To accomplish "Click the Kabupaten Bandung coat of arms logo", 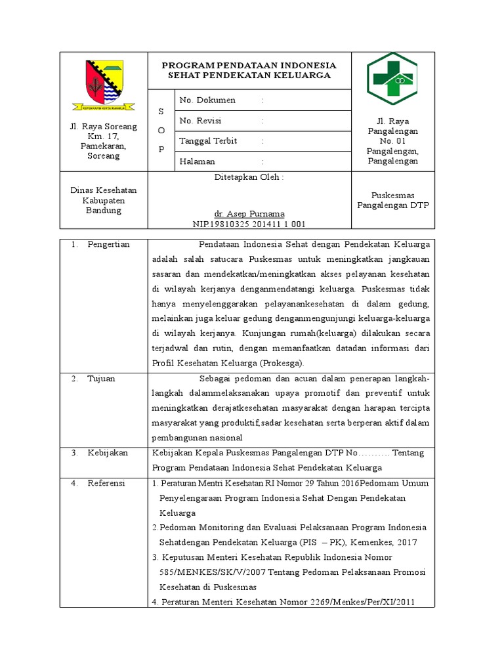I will (104, 83).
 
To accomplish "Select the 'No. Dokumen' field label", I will (207, 100).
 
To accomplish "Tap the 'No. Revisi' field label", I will (200, 121).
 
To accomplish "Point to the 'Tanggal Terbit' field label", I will (208, 141).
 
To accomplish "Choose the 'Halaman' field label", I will (197, 161).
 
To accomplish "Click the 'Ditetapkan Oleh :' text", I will (249, 177).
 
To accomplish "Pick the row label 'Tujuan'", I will (102, 379).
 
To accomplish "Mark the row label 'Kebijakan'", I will (108, 453).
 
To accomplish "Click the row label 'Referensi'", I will (107, 483).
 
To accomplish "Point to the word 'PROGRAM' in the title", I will (188, 66).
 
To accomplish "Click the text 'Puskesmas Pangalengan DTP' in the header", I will (392, 200).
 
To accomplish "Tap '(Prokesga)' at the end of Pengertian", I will (282, 364).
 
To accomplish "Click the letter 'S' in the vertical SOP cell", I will (161, 112).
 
